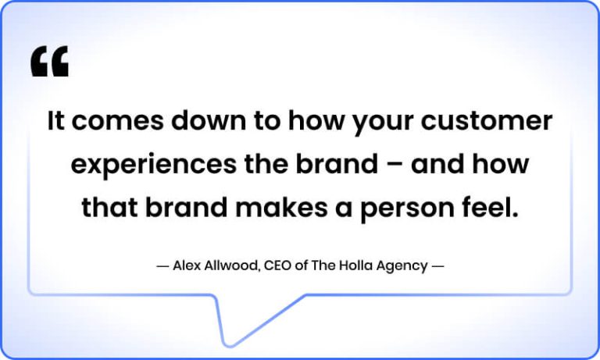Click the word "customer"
[x=487, y=122]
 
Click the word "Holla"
[x=358, y=266]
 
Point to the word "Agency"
[x=403, y=266]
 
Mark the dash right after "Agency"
[x=438, y=266]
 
